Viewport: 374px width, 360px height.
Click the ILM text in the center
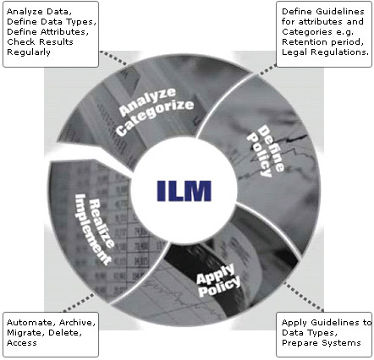point(184,191)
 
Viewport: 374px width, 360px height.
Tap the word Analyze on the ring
point(147,102)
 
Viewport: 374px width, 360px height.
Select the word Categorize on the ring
point(155,117)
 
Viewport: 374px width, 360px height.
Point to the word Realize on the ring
point(102,224)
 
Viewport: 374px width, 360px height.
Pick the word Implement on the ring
point(92,229)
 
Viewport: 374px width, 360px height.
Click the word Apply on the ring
point(216,274)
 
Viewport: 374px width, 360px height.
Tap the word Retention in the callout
point(304,42)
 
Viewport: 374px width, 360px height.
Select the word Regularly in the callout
point(29,52)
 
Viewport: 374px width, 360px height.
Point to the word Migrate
point(25,333)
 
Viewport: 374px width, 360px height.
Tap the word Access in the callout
point(22,343)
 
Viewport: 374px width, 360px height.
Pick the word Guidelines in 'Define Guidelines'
point(340,12)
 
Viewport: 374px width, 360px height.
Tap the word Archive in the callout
point(77,323)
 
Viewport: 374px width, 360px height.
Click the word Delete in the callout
point(65,333)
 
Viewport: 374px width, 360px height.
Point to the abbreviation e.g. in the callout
point(344,32)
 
